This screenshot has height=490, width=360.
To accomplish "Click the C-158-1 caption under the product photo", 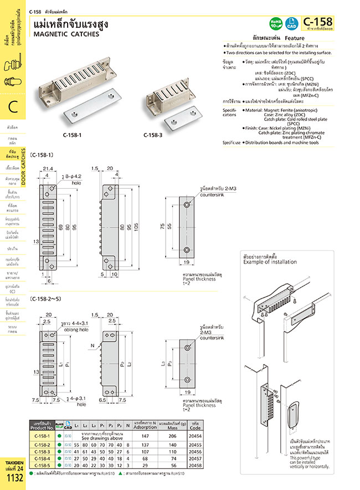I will click(73, 134).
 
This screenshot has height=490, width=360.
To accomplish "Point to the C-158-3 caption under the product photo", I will click(153, 134).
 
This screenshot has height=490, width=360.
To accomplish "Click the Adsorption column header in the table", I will click(146, 427).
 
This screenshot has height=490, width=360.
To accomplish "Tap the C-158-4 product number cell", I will click(43, 458).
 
